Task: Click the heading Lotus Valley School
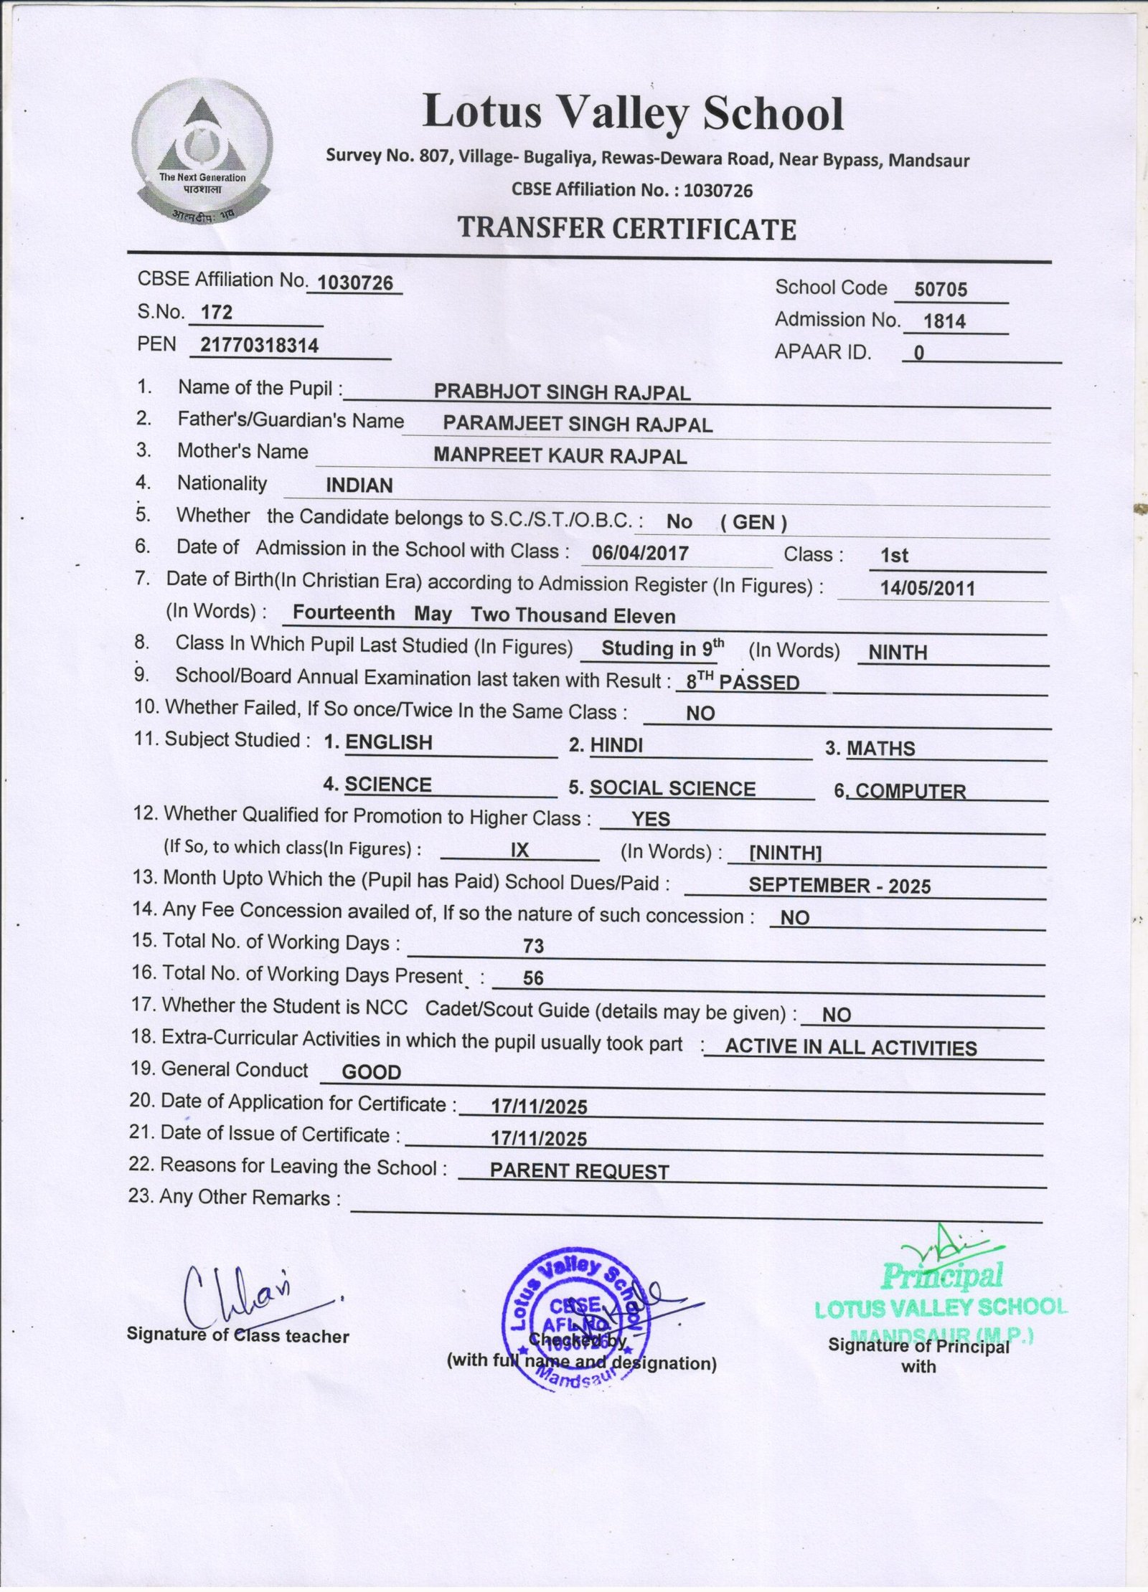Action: coord(633,113)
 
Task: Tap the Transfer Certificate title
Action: coord(627,229)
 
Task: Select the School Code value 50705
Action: coord(941,290)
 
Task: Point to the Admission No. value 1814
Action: coord(944,322)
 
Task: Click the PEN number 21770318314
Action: coord(259,346)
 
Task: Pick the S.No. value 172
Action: coord(217,313)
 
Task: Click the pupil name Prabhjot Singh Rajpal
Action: coord(562,393)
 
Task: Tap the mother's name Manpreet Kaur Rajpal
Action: coord(560,456)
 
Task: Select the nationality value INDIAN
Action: coord(359,485)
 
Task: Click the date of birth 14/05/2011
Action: coord(928,589)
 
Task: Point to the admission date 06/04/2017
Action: coord(640,554)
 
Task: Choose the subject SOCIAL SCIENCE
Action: coord(672,789)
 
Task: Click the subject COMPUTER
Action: coord(911,792)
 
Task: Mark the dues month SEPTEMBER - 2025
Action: coord(839,886)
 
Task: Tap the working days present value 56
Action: coord(533,978)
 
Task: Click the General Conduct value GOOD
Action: coord(371,1073)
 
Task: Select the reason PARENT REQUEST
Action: coord(579,1172)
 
